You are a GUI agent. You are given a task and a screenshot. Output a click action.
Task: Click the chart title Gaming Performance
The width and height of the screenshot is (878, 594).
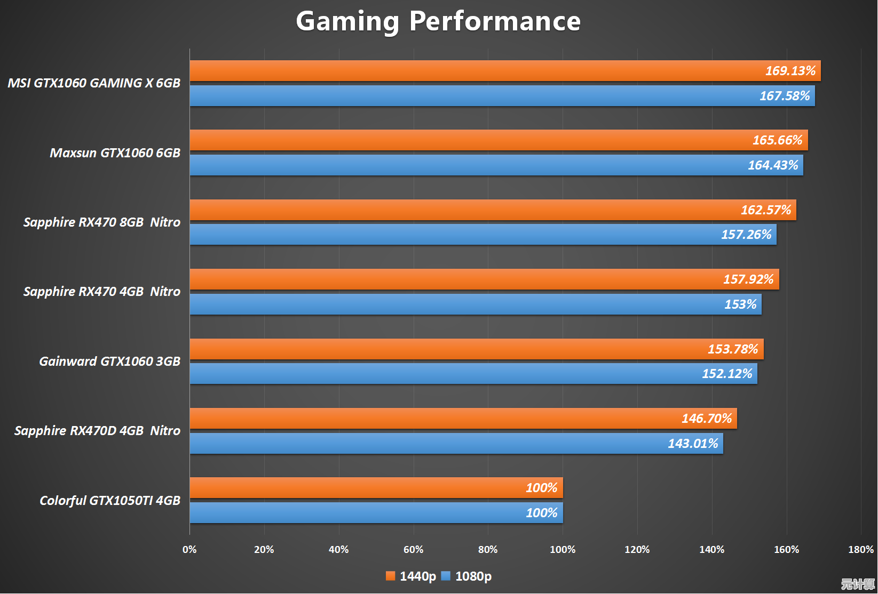pos(438,21)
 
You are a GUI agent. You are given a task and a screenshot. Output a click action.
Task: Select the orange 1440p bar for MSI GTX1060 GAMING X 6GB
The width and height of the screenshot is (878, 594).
pos(480,71)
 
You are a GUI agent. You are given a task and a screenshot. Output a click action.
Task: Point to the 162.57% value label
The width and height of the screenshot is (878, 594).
pos(766,210)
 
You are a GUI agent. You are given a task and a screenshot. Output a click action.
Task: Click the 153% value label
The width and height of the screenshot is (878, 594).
pos(740,304)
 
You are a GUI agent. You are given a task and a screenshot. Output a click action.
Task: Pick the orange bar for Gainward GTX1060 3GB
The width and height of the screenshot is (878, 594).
pos(454,349)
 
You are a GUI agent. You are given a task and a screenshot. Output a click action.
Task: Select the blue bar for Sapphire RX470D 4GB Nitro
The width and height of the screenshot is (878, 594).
pos(427,444)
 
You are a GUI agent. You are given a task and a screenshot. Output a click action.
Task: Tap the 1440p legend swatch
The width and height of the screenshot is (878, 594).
pos(390,576)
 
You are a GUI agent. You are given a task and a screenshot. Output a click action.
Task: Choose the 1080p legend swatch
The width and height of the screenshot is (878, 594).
pos(446,576)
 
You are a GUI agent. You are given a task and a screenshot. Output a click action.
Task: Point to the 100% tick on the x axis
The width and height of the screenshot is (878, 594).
pos(563,550)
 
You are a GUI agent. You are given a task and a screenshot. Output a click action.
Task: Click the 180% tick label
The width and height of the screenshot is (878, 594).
pos(860,550)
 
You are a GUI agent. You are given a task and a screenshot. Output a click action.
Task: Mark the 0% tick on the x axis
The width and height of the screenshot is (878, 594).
pos(189,550)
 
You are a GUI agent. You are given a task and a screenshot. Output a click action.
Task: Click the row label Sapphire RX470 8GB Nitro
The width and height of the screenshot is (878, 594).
pos(102,222)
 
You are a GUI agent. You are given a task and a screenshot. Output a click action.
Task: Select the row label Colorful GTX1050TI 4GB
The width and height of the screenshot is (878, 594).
pos(110,501)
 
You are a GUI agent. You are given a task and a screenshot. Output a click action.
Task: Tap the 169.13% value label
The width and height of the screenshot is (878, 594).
pos(790,71)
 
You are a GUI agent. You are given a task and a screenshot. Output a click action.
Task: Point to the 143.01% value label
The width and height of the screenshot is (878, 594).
pos(693,444)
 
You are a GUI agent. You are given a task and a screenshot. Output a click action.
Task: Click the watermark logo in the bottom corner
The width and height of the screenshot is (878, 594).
pos(858,584)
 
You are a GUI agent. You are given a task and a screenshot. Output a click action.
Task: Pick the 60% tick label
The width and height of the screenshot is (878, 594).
pos(413,550)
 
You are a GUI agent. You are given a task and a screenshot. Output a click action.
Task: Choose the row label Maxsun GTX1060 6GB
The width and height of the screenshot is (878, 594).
pos(115,153)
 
